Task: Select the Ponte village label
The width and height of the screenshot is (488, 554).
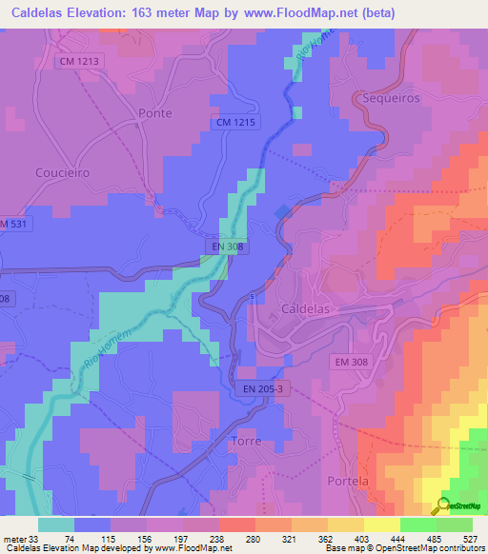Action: pos(154,112)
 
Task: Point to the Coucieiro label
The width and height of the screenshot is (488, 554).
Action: pos(62,173)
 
